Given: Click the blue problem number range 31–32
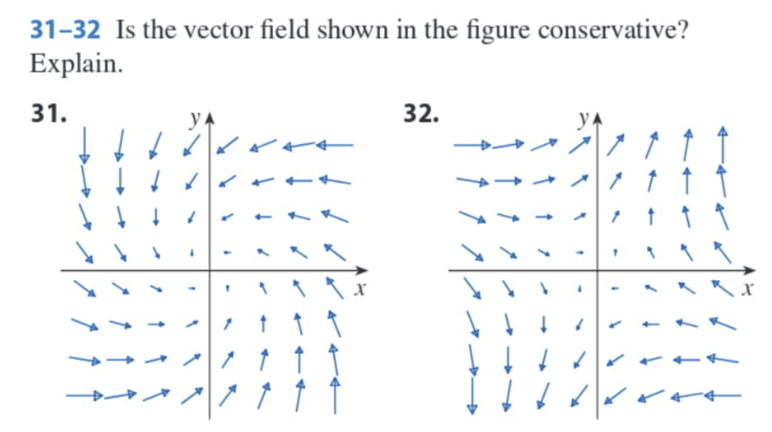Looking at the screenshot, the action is pos(65,30).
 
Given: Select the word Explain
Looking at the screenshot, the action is pos(76,64).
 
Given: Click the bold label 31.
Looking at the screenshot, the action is pos(48,114).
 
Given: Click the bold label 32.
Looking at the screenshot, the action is pos(421,114).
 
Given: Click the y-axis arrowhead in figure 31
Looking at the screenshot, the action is pos(210,119).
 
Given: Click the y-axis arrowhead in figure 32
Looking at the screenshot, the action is pos(597,119).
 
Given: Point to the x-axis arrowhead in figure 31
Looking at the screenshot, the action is pos(362,270).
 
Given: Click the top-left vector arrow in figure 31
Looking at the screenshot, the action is pos(84,145).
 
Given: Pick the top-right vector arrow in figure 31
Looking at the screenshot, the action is pos(335,145).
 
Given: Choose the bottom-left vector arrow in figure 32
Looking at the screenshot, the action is pos(473,395).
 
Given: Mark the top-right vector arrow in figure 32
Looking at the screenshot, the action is pos(722,144).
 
